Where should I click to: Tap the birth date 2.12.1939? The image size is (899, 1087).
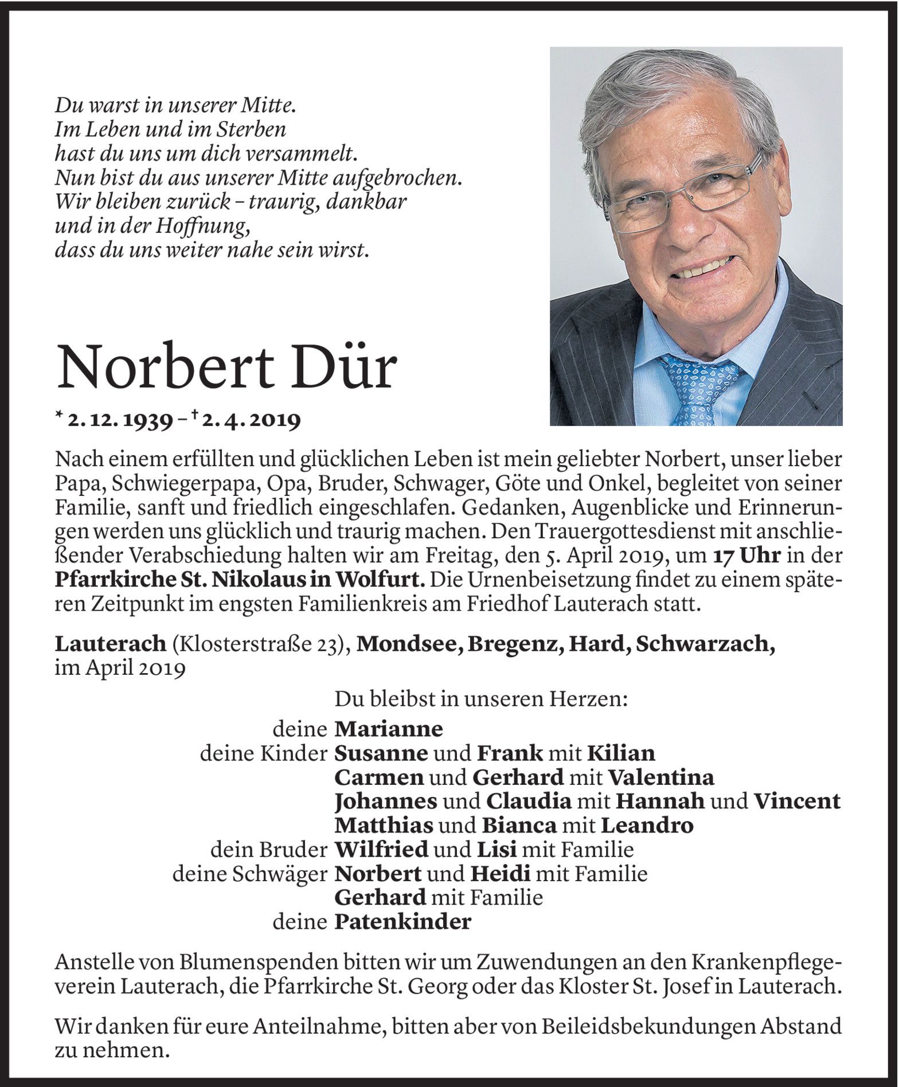[x=120, y=421]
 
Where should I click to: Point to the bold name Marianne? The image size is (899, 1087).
[x=388, y=729]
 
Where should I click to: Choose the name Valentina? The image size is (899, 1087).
[x=661, y=777]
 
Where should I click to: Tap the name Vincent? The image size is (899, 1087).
[x=797, y=801]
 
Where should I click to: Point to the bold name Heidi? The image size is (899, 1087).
[x=501, y=874]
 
